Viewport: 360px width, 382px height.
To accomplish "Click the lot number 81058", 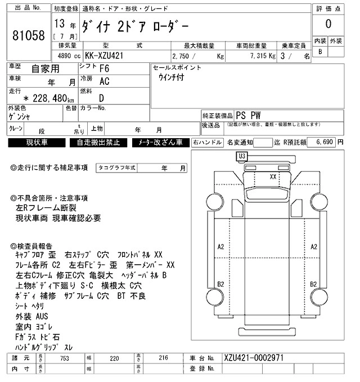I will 28,35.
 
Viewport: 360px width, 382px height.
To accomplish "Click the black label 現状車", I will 37,143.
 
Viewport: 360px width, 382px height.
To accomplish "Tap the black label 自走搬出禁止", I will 98,143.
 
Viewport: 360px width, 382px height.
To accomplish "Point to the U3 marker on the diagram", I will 242,156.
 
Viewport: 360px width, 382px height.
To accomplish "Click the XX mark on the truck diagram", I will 273,176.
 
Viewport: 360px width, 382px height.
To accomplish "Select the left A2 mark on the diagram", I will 220,247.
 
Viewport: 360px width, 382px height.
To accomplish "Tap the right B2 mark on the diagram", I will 314,284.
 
